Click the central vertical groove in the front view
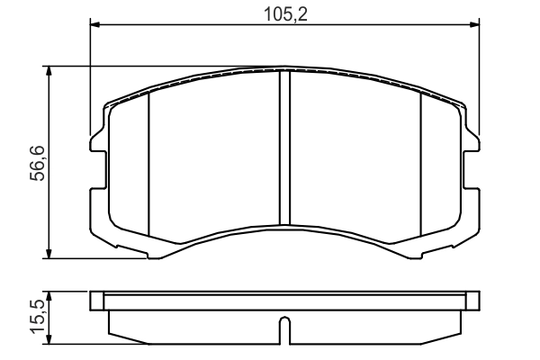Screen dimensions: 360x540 [x=284, y=148]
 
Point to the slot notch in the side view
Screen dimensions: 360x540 [x=284, y=330]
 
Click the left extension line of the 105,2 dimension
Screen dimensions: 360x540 [x=91, y=81]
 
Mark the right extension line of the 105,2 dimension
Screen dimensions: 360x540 [x=480, y=81]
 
